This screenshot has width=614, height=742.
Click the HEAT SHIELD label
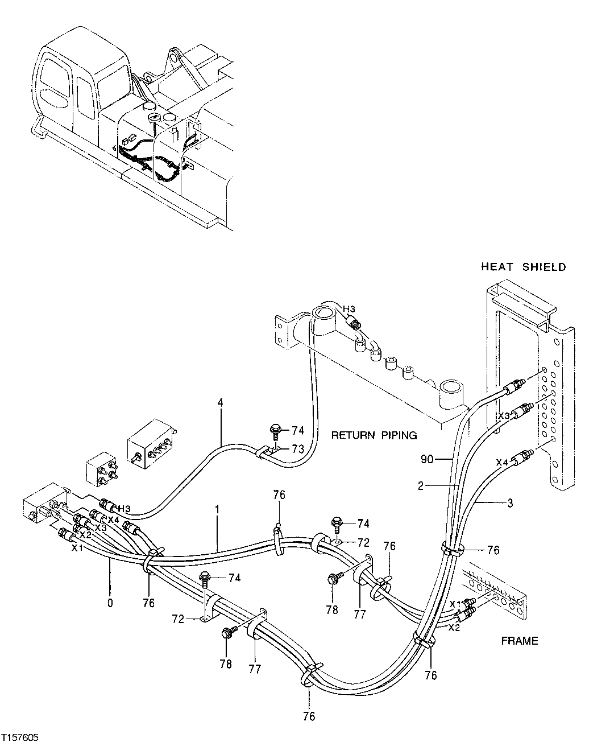coord(523,266)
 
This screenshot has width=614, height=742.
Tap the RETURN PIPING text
coord(374,435)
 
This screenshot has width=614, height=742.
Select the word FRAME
coord(519,641)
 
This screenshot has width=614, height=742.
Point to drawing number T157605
coord(20,736)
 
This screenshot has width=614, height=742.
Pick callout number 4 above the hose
coord(220,403)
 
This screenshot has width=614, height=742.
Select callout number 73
coord(298,449)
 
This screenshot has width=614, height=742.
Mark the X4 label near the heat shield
coord(501,463)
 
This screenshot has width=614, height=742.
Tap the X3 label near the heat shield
coord(504,415)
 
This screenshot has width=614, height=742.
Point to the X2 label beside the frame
coord(454,627)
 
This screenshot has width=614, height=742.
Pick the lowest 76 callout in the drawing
coord(309,716)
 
